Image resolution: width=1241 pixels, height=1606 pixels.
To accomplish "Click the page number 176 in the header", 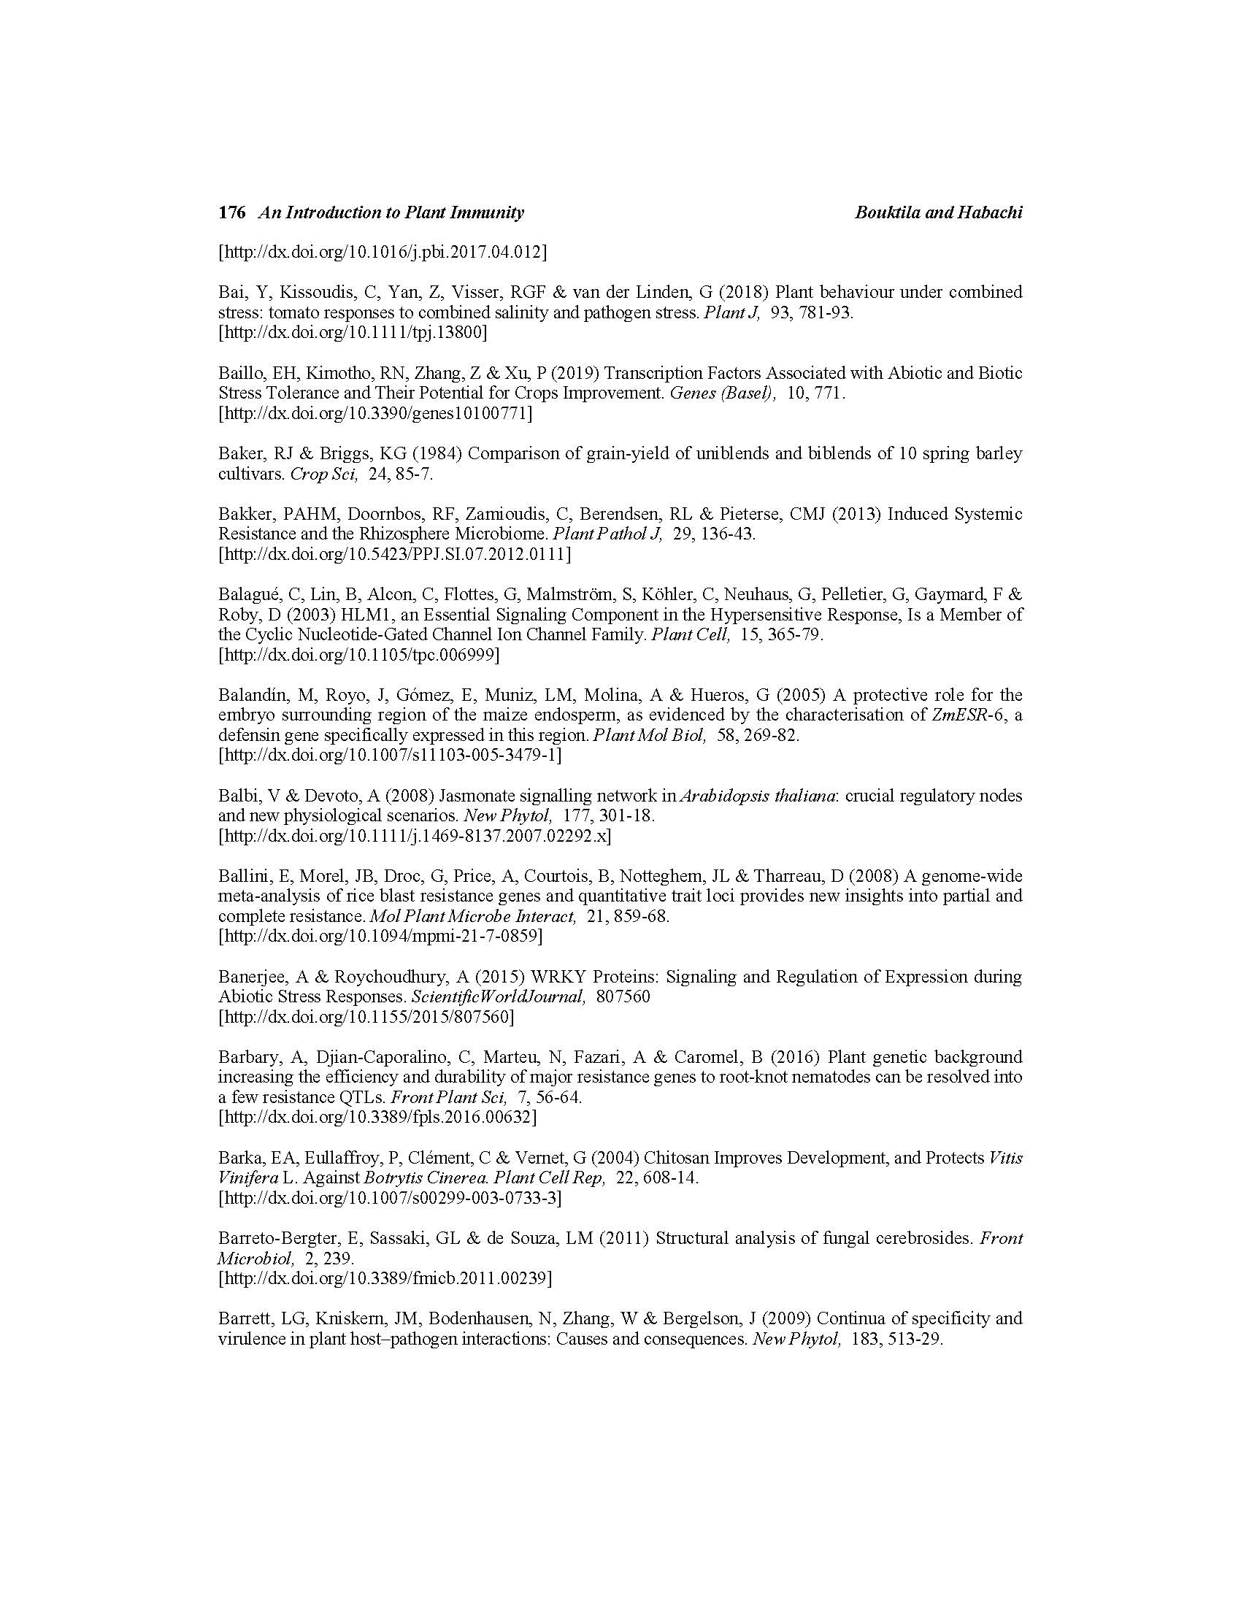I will pos(231,212).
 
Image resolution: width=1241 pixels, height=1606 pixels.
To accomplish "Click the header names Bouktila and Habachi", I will pos(938,212).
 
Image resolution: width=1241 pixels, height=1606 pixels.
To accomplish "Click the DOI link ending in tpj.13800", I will pos(352,332).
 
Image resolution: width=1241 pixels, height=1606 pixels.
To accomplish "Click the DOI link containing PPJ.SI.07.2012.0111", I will pos(394,554).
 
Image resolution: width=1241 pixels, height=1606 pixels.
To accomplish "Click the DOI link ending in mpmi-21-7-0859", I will pos(381,936).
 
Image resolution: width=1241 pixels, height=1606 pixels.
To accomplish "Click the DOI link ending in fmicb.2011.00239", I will pos(385,1278).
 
